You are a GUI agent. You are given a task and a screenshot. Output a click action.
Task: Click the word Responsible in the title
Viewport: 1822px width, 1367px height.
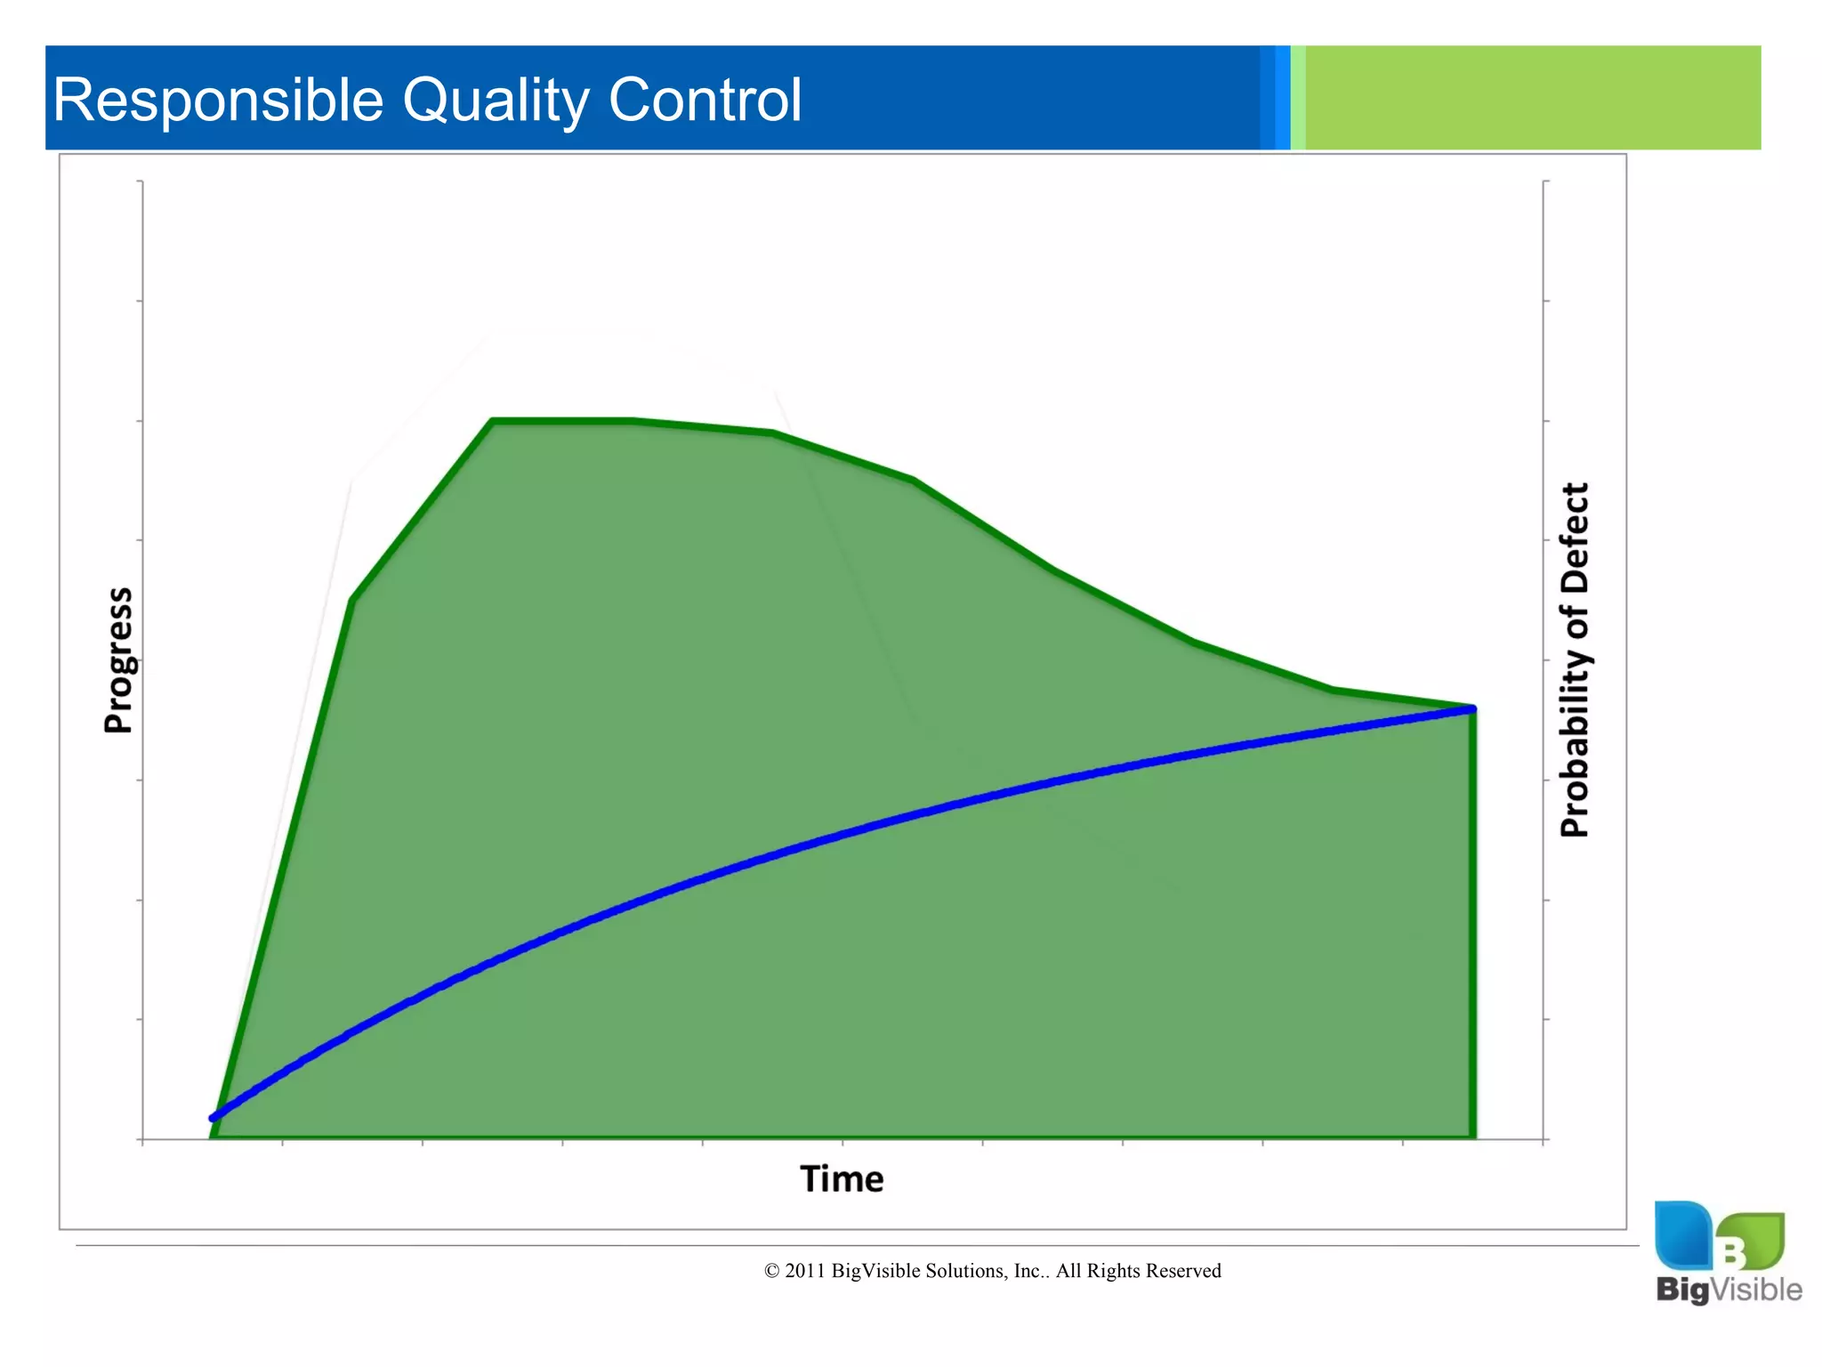tap(218, 100)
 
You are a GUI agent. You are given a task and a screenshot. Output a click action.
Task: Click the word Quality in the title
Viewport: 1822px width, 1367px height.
tap(495, 100)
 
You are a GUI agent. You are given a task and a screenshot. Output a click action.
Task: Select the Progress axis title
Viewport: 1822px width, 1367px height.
tap(118, 660)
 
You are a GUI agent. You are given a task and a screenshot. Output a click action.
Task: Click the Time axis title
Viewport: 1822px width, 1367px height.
tap(842, 1179)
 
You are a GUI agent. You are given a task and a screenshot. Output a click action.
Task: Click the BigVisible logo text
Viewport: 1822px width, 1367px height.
tap(1728, 1290)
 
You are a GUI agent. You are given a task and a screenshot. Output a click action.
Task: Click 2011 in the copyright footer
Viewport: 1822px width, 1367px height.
tap(805, 1271)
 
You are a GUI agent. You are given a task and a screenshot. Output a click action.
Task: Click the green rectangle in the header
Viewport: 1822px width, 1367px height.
tap(1532, 98)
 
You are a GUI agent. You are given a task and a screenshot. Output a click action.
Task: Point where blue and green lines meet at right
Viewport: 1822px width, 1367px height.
tap(1472, 709)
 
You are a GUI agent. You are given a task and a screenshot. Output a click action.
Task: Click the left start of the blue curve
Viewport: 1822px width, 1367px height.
tap(213, 1118)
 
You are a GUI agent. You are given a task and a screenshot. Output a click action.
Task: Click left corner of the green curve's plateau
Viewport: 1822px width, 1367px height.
tap(493, 420)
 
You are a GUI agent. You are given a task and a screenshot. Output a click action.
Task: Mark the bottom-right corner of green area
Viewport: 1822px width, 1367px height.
tap(1473, 1136)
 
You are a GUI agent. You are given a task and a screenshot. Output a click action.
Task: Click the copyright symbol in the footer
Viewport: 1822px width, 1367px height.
tap(771, 1272)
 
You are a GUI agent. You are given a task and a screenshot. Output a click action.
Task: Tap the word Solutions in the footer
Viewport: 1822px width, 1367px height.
tap(966, 1271)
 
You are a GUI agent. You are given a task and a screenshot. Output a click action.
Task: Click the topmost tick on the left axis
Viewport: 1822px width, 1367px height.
tap(140, 182)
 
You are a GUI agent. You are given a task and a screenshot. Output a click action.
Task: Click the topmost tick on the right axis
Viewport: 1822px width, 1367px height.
tap(1546, 182)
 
